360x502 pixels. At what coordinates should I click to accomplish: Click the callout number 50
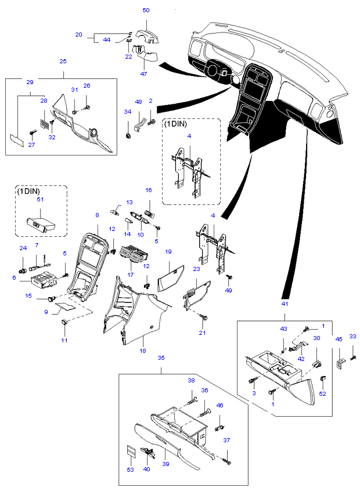click(146, 10)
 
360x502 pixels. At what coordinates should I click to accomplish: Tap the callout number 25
click(63, 62)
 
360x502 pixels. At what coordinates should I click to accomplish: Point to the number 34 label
click(127, 111)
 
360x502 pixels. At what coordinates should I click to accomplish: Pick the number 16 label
click(149, 190)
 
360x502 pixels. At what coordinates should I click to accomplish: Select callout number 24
click(23, 248)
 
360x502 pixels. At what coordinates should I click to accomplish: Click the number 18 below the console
click(143, 352)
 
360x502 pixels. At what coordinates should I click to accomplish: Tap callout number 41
click(285, 304)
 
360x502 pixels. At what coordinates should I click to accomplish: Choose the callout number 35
click(161, 358)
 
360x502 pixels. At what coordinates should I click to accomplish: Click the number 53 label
click(130, 470)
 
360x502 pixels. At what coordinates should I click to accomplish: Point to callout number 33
click(352, 337)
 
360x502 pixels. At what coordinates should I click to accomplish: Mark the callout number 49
click(228, 290)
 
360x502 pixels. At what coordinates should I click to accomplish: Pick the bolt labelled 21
click(204, 318)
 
